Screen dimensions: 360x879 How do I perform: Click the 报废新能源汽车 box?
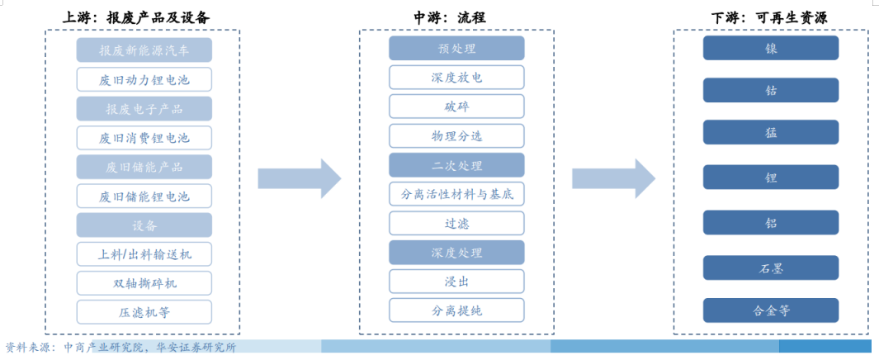coord(144,50)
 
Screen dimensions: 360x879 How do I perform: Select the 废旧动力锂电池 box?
coord(144,79)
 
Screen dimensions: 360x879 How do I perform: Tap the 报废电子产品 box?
coord(144,109)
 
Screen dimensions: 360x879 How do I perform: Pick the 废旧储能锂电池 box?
coord(144,197)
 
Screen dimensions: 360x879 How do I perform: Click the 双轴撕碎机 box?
coord(144,283)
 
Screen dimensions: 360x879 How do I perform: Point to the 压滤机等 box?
coord(144,312)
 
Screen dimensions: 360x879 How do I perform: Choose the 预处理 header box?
coord(456,49)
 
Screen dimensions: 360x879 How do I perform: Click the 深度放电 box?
coord(456,78)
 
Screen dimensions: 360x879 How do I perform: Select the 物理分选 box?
coord(456,135)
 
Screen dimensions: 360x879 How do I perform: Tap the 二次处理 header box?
coord(456,165)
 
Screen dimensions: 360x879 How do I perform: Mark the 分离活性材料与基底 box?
coord(456,194)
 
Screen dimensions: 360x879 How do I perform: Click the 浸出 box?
coord(456,282)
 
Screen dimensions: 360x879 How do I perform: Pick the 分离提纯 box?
coord(456,310)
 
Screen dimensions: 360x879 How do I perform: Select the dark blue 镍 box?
coord(771,48)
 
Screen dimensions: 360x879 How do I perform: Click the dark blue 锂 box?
coord(771,178)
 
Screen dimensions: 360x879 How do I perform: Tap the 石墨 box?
coord(771,268)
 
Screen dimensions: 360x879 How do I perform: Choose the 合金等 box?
coord(771,310)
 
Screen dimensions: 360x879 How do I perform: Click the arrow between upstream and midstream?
coord(299,178)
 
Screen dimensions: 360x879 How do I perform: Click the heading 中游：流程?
coord(456,17)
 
